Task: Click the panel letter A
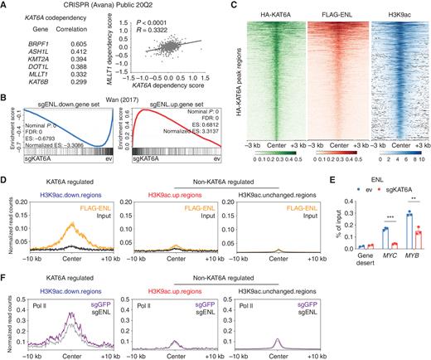(x=5, y=6)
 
